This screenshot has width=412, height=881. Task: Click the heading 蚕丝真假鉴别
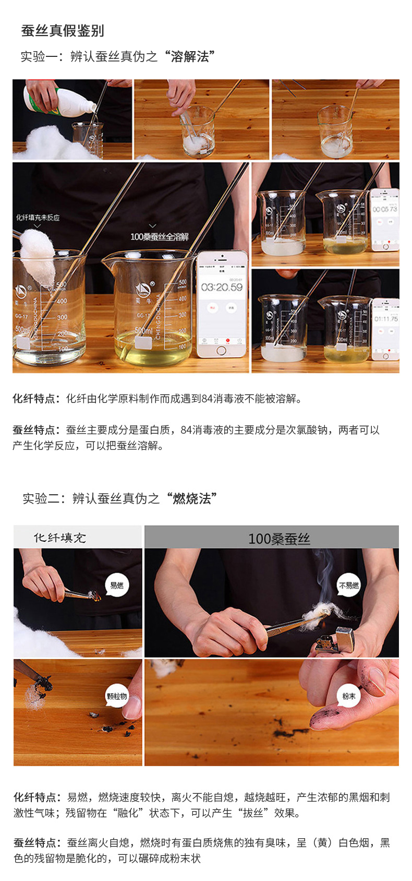[x=63, y=31]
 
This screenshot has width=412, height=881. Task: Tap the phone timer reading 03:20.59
[x=222, y=287]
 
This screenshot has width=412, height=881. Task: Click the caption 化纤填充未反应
[x=38, y=218]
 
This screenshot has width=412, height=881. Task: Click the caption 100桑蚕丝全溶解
[x=159, y=237]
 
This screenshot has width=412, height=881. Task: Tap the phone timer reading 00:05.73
[x=385, y=209]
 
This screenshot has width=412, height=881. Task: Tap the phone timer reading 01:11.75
[x=385, y=318]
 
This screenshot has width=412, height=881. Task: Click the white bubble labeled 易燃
[x=117, y=585]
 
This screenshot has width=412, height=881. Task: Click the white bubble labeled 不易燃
[x=349, y=585]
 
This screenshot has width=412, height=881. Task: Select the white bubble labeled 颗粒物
[x=117, y=696]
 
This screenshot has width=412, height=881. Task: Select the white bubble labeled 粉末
[x=349, y=696]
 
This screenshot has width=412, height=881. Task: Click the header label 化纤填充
[x=60, y=538]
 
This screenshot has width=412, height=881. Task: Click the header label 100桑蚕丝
[x=279, y=539]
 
